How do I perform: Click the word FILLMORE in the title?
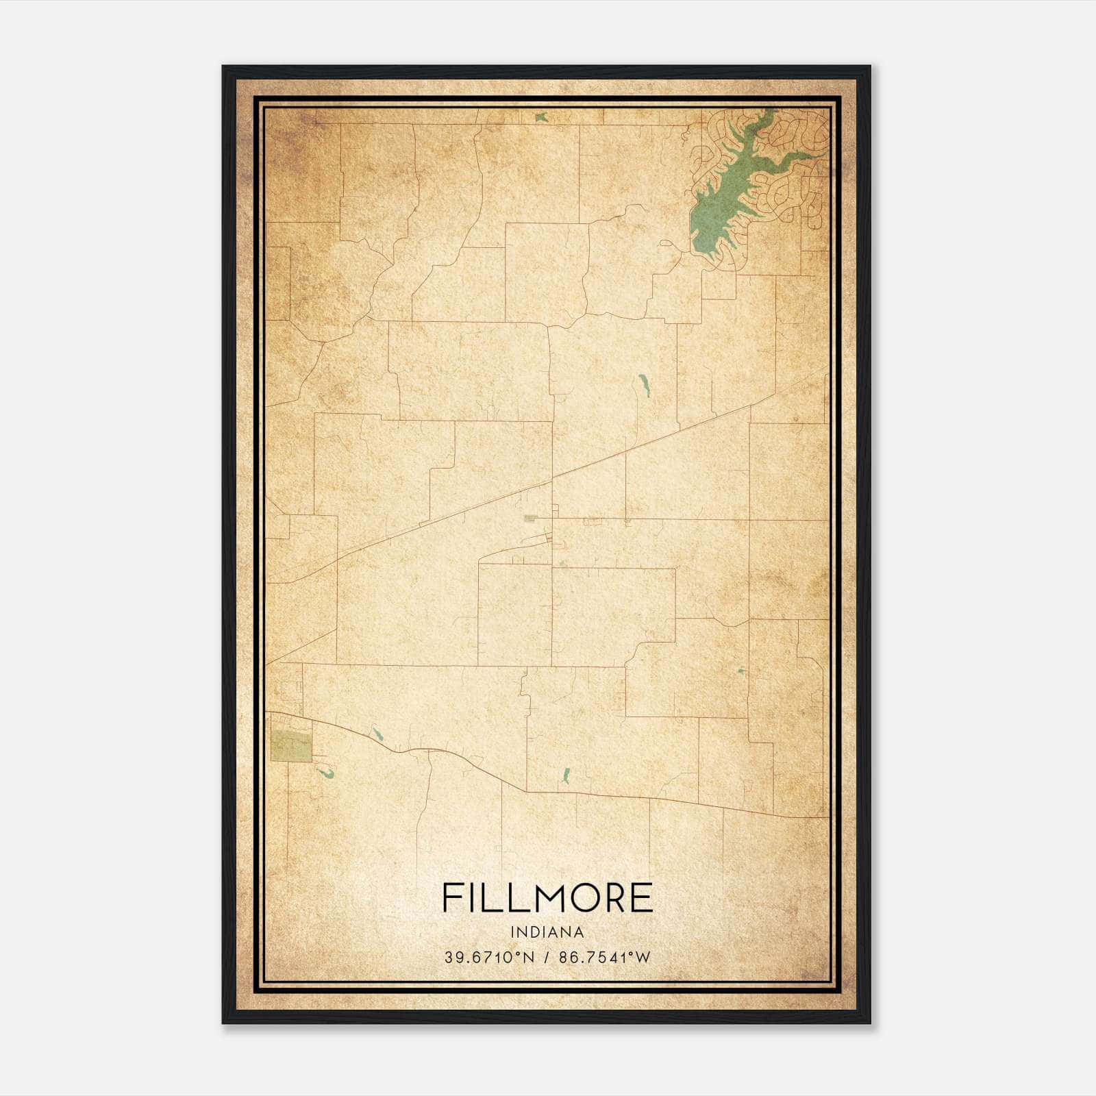pos(547,897)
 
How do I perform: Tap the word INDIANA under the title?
pos(547,932)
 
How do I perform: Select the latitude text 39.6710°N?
pos(488,957)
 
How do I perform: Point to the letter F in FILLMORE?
pos(452,897)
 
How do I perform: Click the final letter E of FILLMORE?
pos(642,897)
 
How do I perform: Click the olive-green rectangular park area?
pos(290,746)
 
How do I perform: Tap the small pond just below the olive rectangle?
pos(326,774)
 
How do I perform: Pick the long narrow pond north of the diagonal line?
pos(644,386)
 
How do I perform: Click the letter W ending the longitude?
pos(643,957)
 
